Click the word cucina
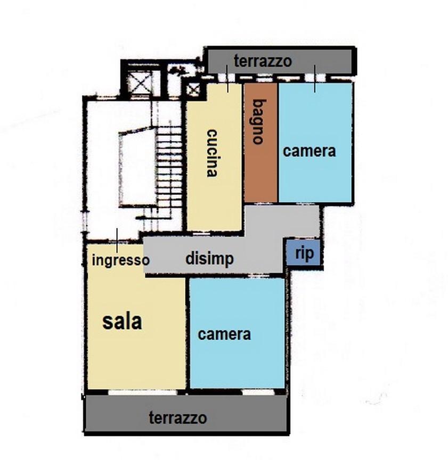212,153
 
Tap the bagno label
258,122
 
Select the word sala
122,321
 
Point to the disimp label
209,259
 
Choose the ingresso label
120,261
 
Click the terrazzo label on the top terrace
263,61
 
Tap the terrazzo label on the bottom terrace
178,418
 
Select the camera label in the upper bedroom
309,151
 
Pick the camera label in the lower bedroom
224,334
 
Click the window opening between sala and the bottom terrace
143,392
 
